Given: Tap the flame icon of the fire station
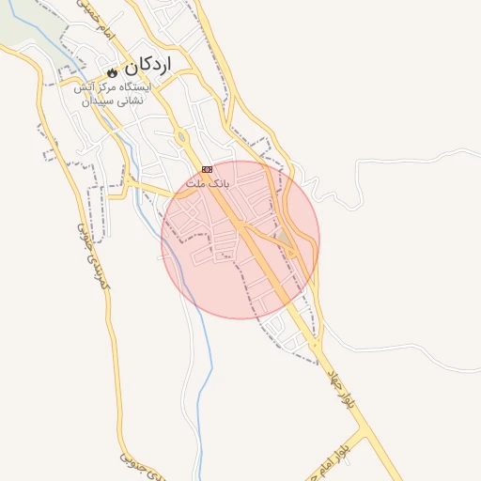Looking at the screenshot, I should coord(112,70).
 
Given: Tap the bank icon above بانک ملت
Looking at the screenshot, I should coord(207,169).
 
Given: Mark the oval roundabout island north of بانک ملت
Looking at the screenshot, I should coord(181,138).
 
